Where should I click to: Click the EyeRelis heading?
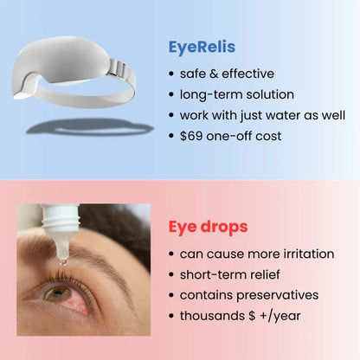203,48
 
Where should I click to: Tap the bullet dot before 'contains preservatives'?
171,296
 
